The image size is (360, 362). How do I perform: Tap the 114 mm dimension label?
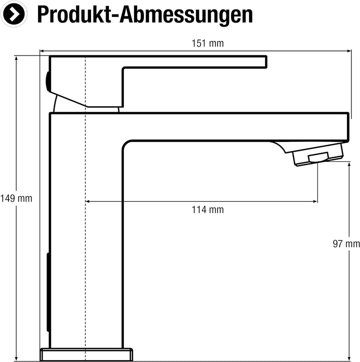click(x=208, y=210)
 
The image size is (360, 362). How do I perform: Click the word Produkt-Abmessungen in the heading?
click(x=145, y=15)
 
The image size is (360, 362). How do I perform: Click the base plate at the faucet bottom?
click(x=86, y=354)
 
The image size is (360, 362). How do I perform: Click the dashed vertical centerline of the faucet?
click(x=86, y=225)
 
